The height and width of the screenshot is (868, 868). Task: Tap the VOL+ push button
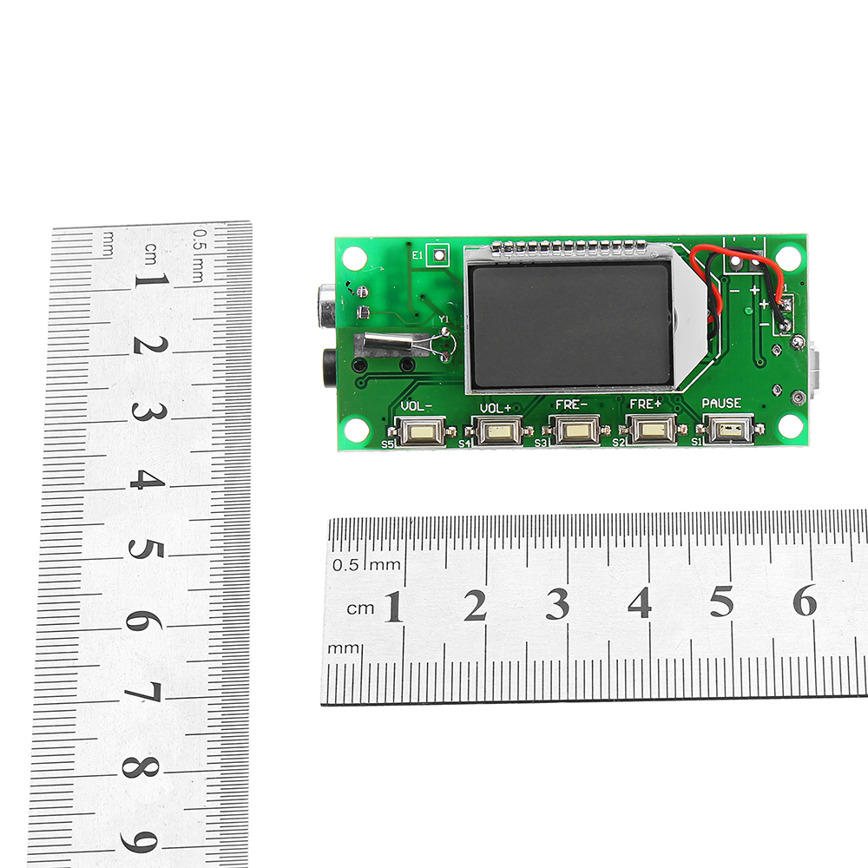(x=497, y=430)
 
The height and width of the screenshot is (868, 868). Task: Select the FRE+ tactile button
(x=650, y=428)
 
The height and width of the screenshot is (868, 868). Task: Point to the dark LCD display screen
(x=569, y=325)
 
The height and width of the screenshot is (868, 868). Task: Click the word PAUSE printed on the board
(x=721, y=404)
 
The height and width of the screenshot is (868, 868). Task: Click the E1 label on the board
(x=418, y=255)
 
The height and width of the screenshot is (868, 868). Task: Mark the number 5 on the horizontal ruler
(x=722, y=602)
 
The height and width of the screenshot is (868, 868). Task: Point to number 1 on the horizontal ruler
(x=393, y=607)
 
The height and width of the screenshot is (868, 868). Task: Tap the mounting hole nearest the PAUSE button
(x=790, y=426)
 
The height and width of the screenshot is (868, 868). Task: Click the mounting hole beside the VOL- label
(x=355, y=428)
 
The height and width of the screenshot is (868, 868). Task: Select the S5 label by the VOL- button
(x=387, y=444)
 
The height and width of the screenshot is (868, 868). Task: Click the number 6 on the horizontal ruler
(x=805, y=601)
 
